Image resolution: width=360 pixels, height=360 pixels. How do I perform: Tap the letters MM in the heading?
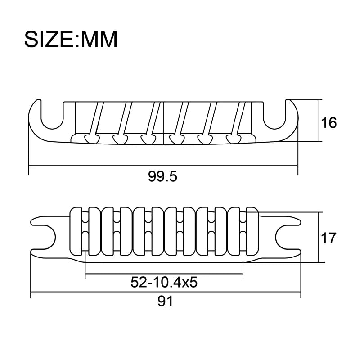tap(98, 40)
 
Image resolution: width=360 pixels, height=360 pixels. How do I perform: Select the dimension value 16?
tap(329, 122)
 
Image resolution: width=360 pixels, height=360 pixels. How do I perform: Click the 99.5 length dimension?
tap(162, 176)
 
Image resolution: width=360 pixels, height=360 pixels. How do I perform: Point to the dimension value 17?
tap(329, 238)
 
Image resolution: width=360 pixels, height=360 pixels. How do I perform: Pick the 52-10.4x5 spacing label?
tap(164, 283)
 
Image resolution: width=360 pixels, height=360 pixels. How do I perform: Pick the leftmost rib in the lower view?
tap(77, 234)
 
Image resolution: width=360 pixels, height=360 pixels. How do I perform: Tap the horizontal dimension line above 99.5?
tap(112, 166)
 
